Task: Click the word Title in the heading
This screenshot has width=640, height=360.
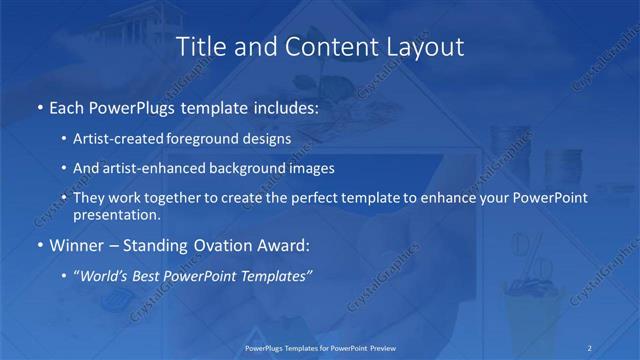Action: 198,46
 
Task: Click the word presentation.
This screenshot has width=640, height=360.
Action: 117,214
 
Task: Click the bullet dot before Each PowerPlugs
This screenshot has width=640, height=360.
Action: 39,107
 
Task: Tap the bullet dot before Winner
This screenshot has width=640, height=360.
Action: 39,245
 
